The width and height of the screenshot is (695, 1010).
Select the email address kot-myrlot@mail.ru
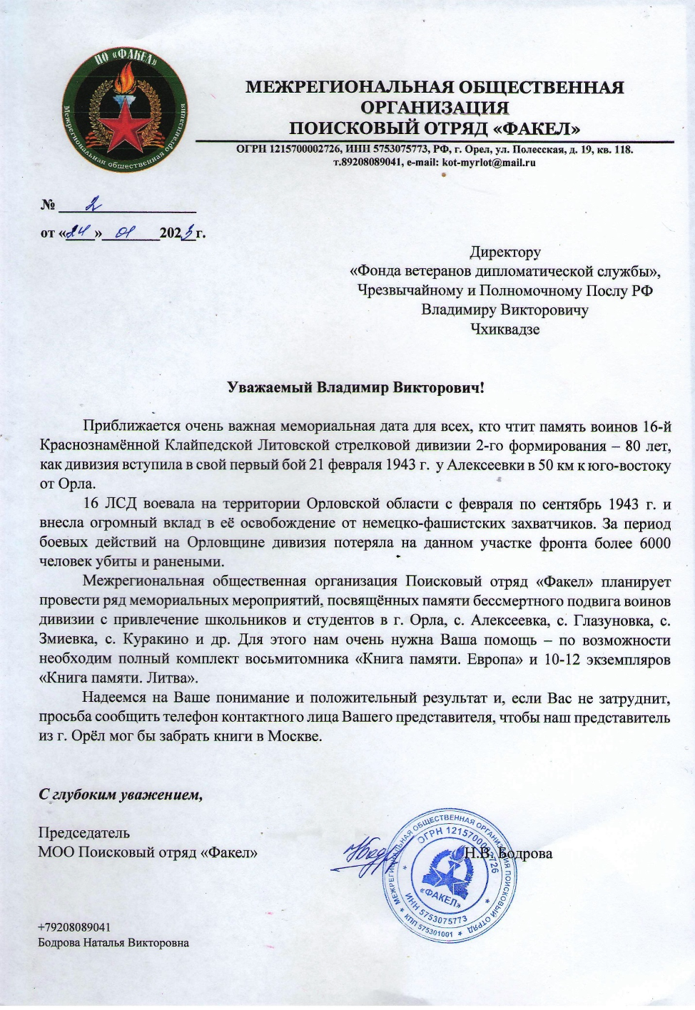[489, 162]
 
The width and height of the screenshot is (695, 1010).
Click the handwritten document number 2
[91, 205]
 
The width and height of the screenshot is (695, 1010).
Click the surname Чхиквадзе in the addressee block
[504, 330]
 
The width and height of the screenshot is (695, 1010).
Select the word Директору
[504, 252]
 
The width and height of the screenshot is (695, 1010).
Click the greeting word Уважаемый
[270, 388]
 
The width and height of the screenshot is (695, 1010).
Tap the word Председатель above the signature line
[83, 832]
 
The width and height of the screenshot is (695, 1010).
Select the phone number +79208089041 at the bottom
[74, 927]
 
